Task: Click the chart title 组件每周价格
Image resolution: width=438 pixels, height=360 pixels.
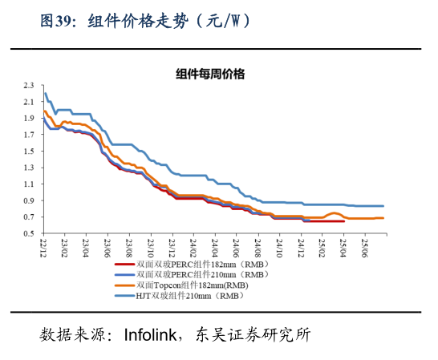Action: point(210,75)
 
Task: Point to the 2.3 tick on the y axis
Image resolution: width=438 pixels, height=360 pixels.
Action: point(29,85)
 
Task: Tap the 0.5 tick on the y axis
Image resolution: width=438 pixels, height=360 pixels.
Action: point(29,234)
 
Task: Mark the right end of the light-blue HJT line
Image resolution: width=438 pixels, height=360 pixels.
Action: point(383,206)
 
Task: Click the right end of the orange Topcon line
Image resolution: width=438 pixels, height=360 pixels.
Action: point(383,218)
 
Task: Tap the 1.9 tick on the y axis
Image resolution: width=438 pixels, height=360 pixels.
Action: point(29,118)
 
